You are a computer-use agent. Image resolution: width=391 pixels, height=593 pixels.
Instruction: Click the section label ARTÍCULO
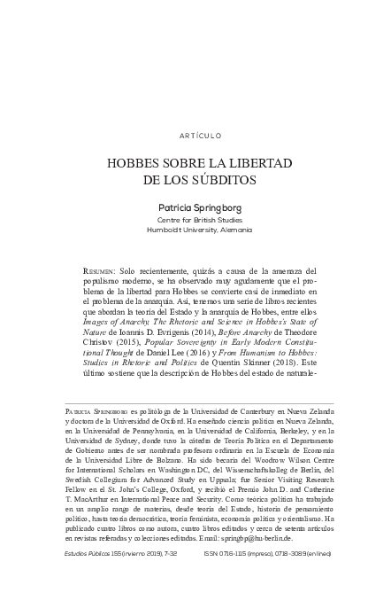click(x=195, y=137)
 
